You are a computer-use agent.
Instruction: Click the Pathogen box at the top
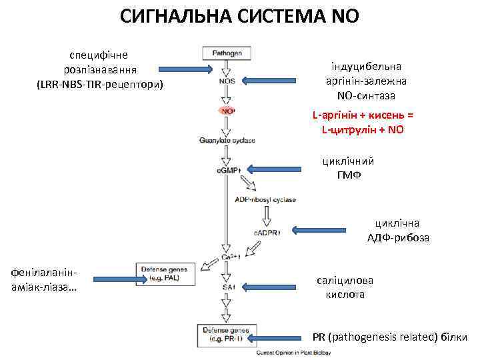pos(227,53)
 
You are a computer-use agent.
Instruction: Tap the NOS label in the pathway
pos(226,82)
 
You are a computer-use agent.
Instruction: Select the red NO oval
pos(227,111)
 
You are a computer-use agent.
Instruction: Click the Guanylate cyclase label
pos(227,140)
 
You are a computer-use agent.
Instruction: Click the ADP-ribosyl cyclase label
pos(265,199)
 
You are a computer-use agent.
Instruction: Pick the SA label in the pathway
pos(228,287)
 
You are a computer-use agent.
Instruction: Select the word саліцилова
pos(345,281)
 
